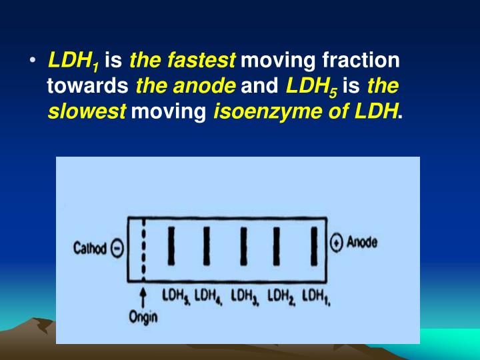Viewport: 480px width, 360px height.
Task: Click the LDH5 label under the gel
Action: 175,295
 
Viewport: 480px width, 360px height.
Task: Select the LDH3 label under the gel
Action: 246,295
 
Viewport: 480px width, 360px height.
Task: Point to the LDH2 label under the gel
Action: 282,295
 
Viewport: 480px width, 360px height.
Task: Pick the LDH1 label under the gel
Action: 317,295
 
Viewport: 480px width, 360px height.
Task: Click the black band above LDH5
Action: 172,247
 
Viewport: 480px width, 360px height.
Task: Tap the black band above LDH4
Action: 207,247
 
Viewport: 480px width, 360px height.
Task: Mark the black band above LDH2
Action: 276,247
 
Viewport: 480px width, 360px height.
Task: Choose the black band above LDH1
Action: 313,247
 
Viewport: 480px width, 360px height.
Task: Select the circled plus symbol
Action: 337,243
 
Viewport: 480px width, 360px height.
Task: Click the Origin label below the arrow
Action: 143,316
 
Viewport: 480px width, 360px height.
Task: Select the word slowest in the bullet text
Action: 87,111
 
